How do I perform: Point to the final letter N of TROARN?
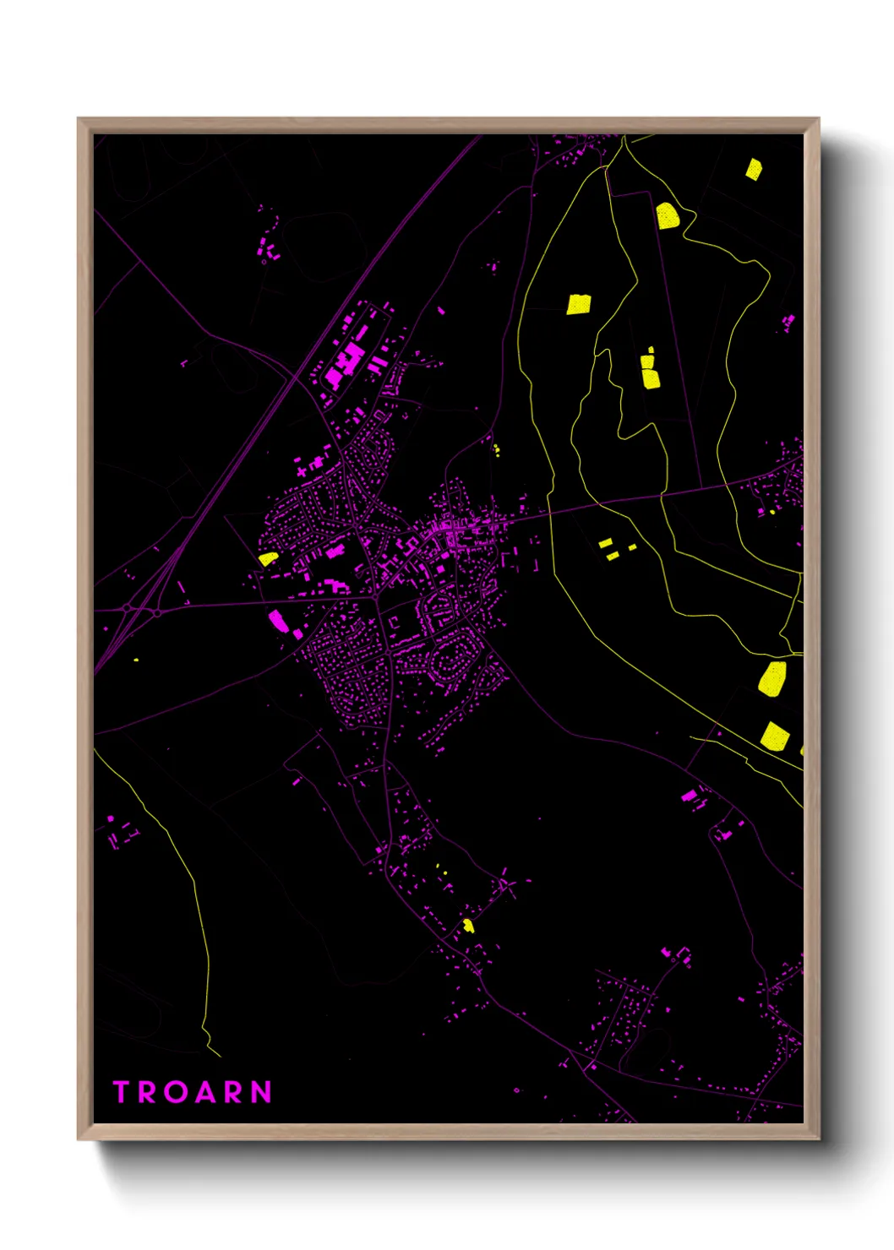click(x=261, y=1092)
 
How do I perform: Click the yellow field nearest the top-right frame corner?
click(x=754, y=169)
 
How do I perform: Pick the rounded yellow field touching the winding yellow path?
click(x=668, y=216)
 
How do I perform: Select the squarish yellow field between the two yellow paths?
click(x=578, y=304)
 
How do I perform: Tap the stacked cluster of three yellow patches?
click(x=649, y=370)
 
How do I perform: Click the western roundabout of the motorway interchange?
click(x=127, y=608)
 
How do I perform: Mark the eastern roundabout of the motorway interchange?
click(x=157, y=612)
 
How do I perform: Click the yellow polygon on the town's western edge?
click(x=268, y=558)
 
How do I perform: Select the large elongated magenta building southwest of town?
click(x=278, y=621)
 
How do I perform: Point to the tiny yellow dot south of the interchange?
click(x=136, y=660)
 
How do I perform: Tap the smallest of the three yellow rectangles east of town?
click(x=632, y=547)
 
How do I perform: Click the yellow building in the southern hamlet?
click(x=468, y=926)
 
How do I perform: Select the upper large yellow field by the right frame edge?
click(x=772, y=679)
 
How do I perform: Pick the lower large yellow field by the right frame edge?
click(x=775, y=736)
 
